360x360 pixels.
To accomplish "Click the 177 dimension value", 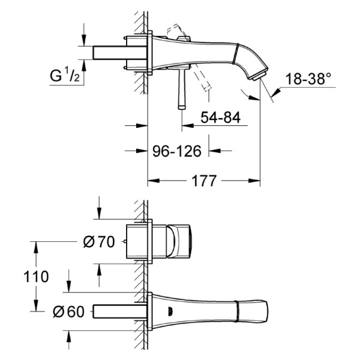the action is click(x=204, y=181).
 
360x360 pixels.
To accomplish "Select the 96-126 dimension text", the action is click(x=177, y=151).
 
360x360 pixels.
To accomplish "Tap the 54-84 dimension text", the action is click(x=220, y=118).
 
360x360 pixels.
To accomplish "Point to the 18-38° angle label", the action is click(x=308, y=79).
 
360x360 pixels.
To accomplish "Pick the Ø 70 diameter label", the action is click(x=99, y=242).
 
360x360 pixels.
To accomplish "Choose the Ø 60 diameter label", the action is click(x=68, y=312).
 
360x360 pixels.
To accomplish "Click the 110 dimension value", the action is click(x=36, y=277).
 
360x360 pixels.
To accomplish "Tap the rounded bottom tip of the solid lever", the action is click(x=182, y=107).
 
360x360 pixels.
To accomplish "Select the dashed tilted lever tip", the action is click(x=207, y=88).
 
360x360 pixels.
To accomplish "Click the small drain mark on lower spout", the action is click(x=170, y=311).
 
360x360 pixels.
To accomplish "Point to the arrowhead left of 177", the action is click(x=154, y=181).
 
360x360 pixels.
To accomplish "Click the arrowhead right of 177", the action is click(x=254, y=181).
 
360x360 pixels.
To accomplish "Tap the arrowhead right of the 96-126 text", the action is click(x=215, y=151).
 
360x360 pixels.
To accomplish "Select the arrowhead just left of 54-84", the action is click(x=188, y=125).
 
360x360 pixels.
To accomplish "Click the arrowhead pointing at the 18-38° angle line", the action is click(x=275, y=92).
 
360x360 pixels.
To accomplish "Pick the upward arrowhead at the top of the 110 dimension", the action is click(x=36, y=247).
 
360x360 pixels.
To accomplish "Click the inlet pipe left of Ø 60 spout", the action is click(x=119, y=311).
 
